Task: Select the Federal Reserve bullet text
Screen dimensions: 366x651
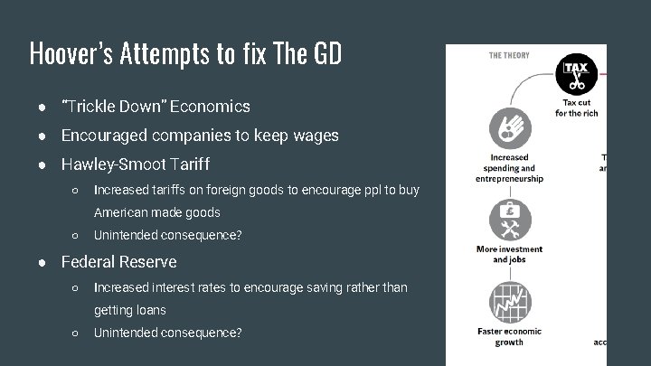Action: tap(118, 262)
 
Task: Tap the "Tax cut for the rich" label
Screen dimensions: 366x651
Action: tap(576, 108)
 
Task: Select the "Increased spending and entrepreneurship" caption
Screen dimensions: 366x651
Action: tap(509, 168)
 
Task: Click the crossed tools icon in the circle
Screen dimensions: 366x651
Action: tap(509, 220)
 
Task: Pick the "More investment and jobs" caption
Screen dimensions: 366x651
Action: tap(509, 255)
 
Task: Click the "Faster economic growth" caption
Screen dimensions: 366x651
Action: tap(509, 337)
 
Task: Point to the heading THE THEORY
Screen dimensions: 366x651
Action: tap(509, 56)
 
